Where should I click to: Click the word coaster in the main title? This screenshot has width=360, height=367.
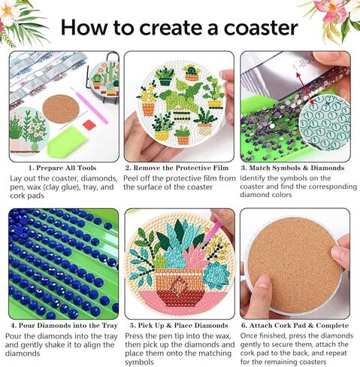[x=261, y=28]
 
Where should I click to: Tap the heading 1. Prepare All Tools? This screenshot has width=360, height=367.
[x=62, y=168]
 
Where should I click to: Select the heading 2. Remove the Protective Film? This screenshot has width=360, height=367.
[x=177, y=168]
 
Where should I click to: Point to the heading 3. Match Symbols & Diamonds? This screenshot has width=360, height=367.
[x=292, y=168]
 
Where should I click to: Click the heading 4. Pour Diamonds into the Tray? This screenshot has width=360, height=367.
[x=64, y=326]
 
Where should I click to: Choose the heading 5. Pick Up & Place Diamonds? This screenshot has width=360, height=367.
[x=179, y=326]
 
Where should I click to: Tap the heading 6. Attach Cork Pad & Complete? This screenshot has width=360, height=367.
[x=295, y=326]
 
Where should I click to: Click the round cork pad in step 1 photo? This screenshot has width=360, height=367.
[x=61, y=109]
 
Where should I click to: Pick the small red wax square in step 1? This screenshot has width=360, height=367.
[x=88, y=123]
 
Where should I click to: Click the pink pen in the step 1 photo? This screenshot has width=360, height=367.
[x=89, y=105]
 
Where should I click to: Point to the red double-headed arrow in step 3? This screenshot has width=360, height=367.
[x=304, y=88]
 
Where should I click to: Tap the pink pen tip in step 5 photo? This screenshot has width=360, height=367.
[x=207, y=241]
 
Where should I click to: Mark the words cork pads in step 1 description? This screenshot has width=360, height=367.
[x=27, y=196]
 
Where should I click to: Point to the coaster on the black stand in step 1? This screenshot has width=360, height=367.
[x=104, y=79]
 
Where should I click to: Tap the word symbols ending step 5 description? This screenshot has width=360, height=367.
[x=139, y=362]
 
